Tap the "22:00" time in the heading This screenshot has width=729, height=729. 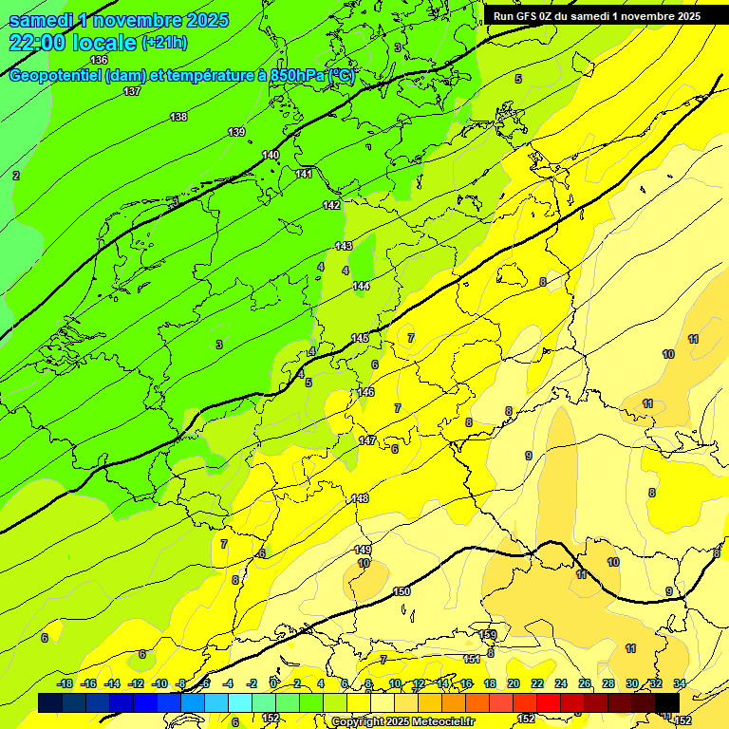38,43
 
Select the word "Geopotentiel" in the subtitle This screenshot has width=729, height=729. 54,76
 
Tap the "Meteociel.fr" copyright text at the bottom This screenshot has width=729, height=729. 442,722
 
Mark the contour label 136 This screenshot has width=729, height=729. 99,60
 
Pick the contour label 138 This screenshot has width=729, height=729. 178,117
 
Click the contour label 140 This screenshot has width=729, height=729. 271,155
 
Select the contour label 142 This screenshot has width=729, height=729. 331,205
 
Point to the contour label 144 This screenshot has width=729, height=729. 362,286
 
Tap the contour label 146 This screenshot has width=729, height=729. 366,392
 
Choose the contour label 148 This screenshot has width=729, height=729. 360,498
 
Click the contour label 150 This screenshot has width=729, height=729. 402,591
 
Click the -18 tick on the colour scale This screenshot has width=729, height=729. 65,683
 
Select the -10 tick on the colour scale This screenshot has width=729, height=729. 159,683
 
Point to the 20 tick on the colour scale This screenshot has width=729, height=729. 513,683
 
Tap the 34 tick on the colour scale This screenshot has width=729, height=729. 680,683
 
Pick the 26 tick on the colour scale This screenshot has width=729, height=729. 585,683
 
